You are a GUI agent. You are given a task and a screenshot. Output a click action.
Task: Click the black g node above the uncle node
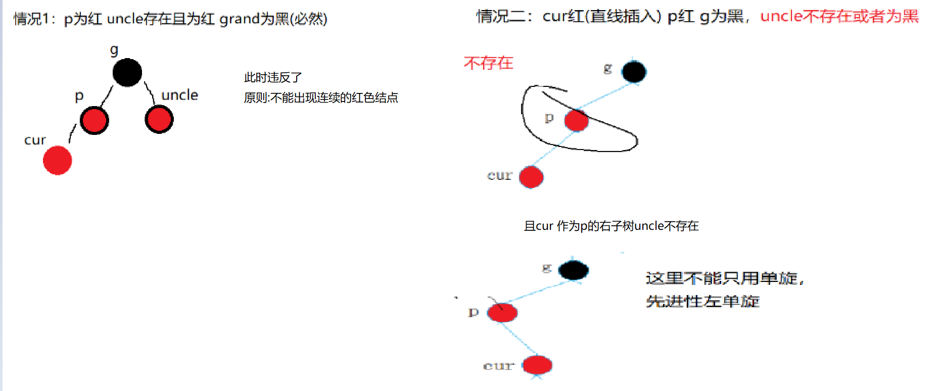coord(127,72)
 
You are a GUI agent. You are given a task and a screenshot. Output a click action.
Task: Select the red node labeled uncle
coord(159,119)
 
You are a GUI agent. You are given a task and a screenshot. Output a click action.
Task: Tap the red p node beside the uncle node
coord(95,120)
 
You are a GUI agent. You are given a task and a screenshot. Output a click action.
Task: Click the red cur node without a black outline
coord(58,161)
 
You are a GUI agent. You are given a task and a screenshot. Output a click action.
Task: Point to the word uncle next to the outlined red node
coord(179,95)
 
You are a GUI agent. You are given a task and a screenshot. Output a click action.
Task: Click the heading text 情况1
coord(31,19)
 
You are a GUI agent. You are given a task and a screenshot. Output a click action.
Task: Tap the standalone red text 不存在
coord(488,63)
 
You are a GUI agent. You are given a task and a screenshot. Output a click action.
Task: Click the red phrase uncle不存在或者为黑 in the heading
coord(839,17)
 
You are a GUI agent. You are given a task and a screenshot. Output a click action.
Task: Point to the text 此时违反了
coord(273,77)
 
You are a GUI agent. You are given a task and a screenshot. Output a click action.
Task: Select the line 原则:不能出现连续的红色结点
coord(321,97)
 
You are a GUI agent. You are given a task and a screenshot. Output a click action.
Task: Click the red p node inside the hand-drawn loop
coord(576,121)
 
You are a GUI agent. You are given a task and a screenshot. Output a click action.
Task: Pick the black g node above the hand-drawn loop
coord(634,72)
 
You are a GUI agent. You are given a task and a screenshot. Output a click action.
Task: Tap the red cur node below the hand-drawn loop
coord(531,177)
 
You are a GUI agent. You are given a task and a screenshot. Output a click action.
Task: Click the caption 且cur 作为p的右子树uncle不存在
coord(611,226)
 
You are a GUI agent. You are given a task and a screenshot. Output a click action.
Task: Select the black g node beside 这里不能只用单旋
coord(573,270)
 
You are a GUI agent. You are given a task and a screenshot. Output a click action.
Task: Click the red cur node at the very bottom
coord(537,365)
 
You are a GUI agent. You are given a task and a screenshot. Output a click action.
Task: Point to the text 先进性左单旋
coord(702,302)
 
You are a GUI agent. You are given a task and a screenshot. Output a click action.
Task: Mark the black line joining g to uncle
coord(150,92)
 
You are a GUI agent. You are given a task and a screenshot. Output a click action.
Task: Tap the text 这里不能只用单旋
coord(724,278)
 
